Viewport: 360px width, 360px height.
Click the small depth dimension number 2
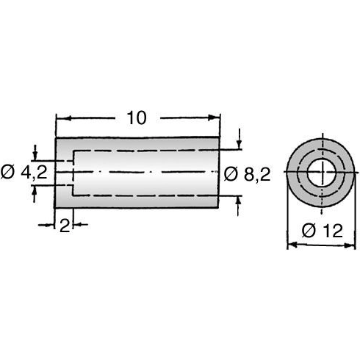[x=65, y=227]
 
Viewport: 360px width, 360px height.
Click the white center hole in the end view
[x=320, y=173]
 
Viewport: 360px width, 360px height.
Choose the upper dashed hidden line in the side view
[x=147, y=151]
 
